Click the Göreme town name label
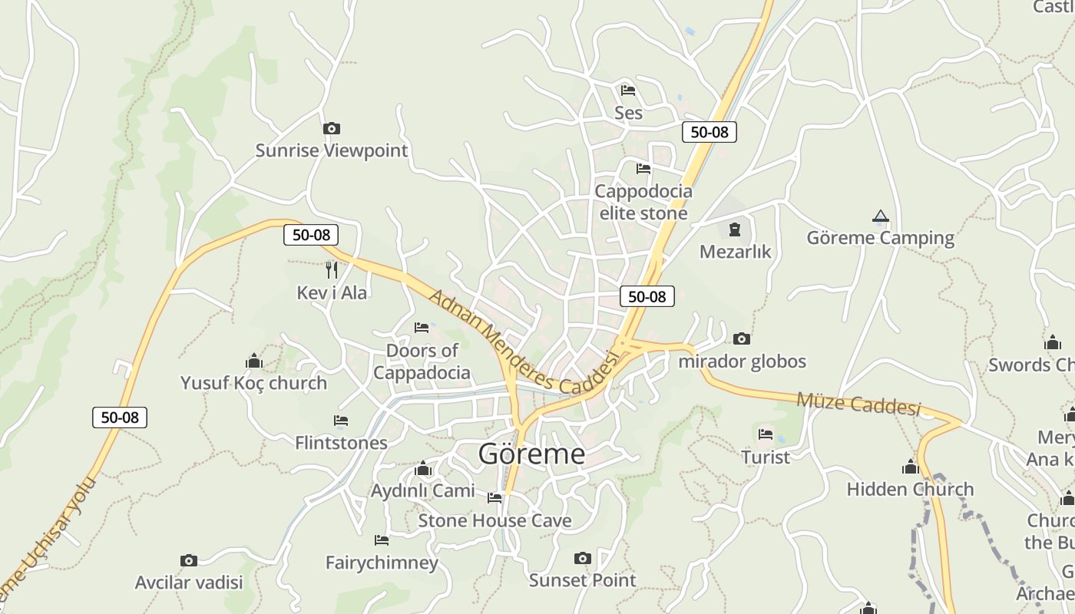pyautogui.click(x=531, y=454)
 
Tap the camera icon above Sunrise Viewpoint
pyautogui.click(x=331, y=128)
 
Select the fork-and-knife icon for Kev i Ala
pyautogui.click(x=331, y=269)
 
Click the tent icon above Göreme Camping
pyautogui.click(x=880, y=216)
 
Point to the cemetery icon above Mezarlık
pyautogui.click(x=735, y=229)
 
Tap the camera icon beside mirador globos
pyautogui.click(x=741, y=338)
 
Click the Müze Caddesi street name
pyautogui.click(x=858, y=402)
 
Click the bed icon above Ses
pyautogui.click(x=627, y=91)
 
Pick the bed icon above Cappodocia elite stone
pyautogui.click(x=643, y=169)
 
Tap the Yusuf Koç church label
pyautogui.click(x=253, y=382)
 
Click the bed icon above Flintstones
pyautogui.click(x=341, y=421)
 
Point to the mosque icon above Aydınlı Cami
pyautogui.click(x=422, y=469)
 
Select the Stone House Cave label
pyautogui.click(x=495, y=521)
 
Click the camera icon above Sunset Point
pyautogui.click(x=582, y=558)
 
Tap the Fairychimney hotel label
pyautogui.click(x=382, y=563)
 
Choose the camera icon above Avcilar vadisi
pyautogui.click(x=188, y=560)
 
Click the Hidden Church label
pyautogui.click(x=910, y=489)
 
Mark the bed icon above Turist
pyautogui.click(x=765, y=434)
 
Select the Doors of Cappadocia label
pyautogui.click(x=422, y=361)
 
